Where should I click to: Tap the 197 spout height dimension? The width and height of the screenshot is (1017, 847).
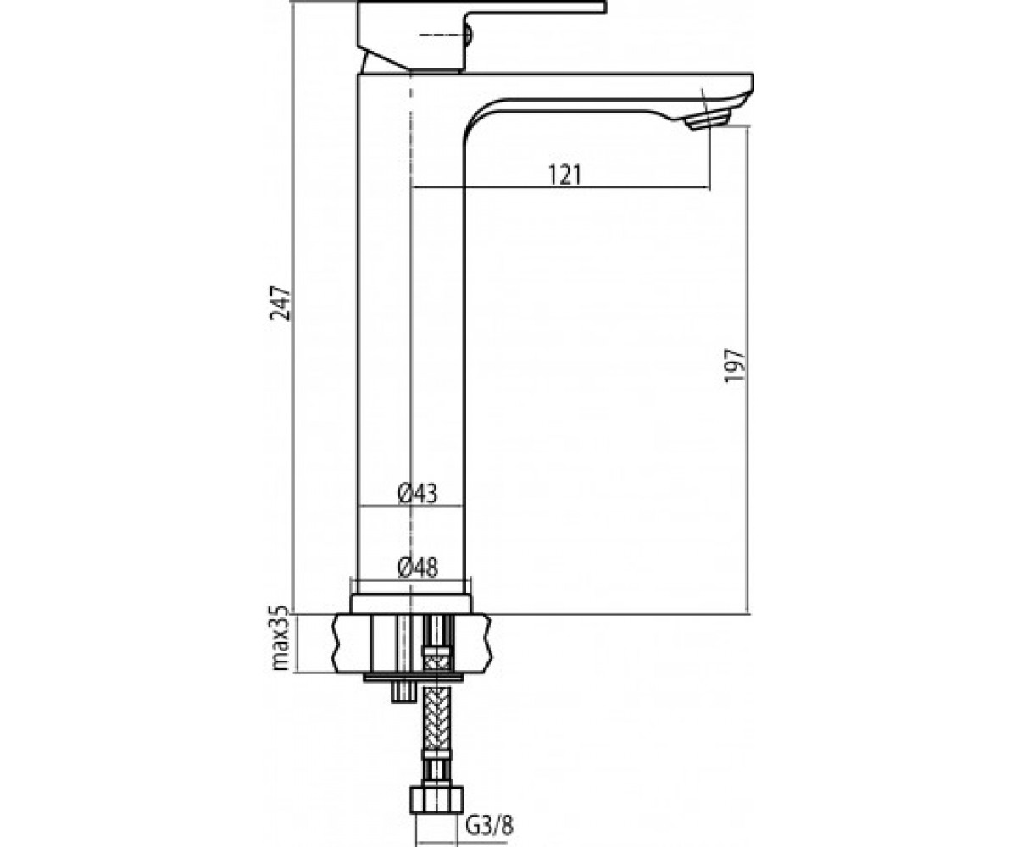click(735, 365)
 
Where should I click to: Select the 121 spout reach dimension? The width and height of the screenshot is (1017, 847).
click(565, 174)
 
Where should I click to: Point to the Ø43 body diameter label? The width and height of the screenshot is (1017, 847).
click(418, 494)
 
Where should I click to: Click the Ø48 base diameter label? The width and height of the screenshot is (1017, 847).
click(418, 567)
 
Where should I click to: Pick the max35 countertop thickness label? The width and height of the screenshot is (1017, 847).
click(281, 638)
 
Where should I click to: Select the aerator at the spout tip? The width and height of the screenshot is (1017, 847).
click(709, 119)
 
